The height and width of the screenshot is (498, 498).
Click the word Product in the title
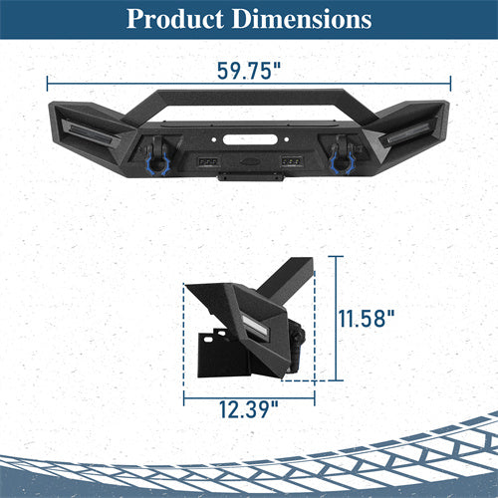pos(174,20)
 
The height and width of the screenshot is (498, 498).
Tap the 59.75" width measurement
pos(248,72)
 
